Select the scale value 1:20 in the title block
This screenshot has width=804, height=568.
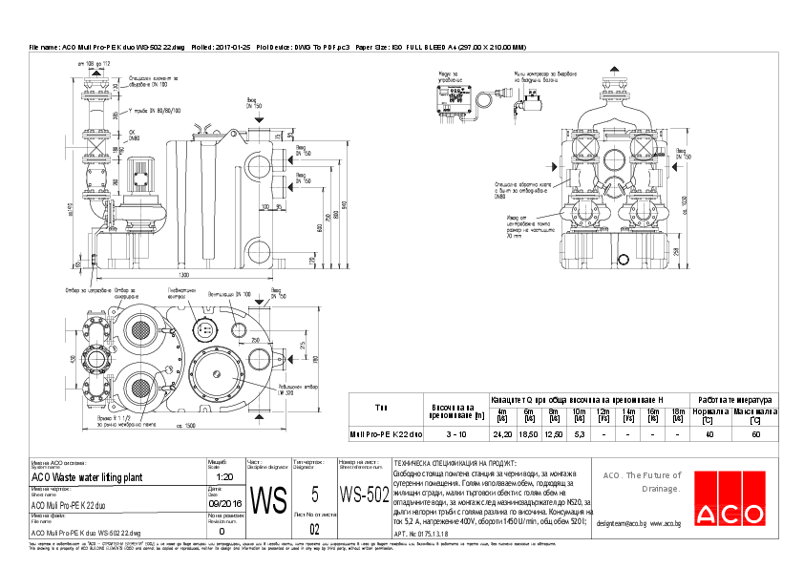pos(224,476)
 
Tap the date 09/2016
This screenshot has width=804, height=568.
pos(224,502)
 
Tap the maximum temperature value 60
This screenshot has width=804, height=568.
pos(755,433)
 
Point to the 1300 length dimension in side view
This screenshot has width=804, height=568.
pos(181,275)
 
